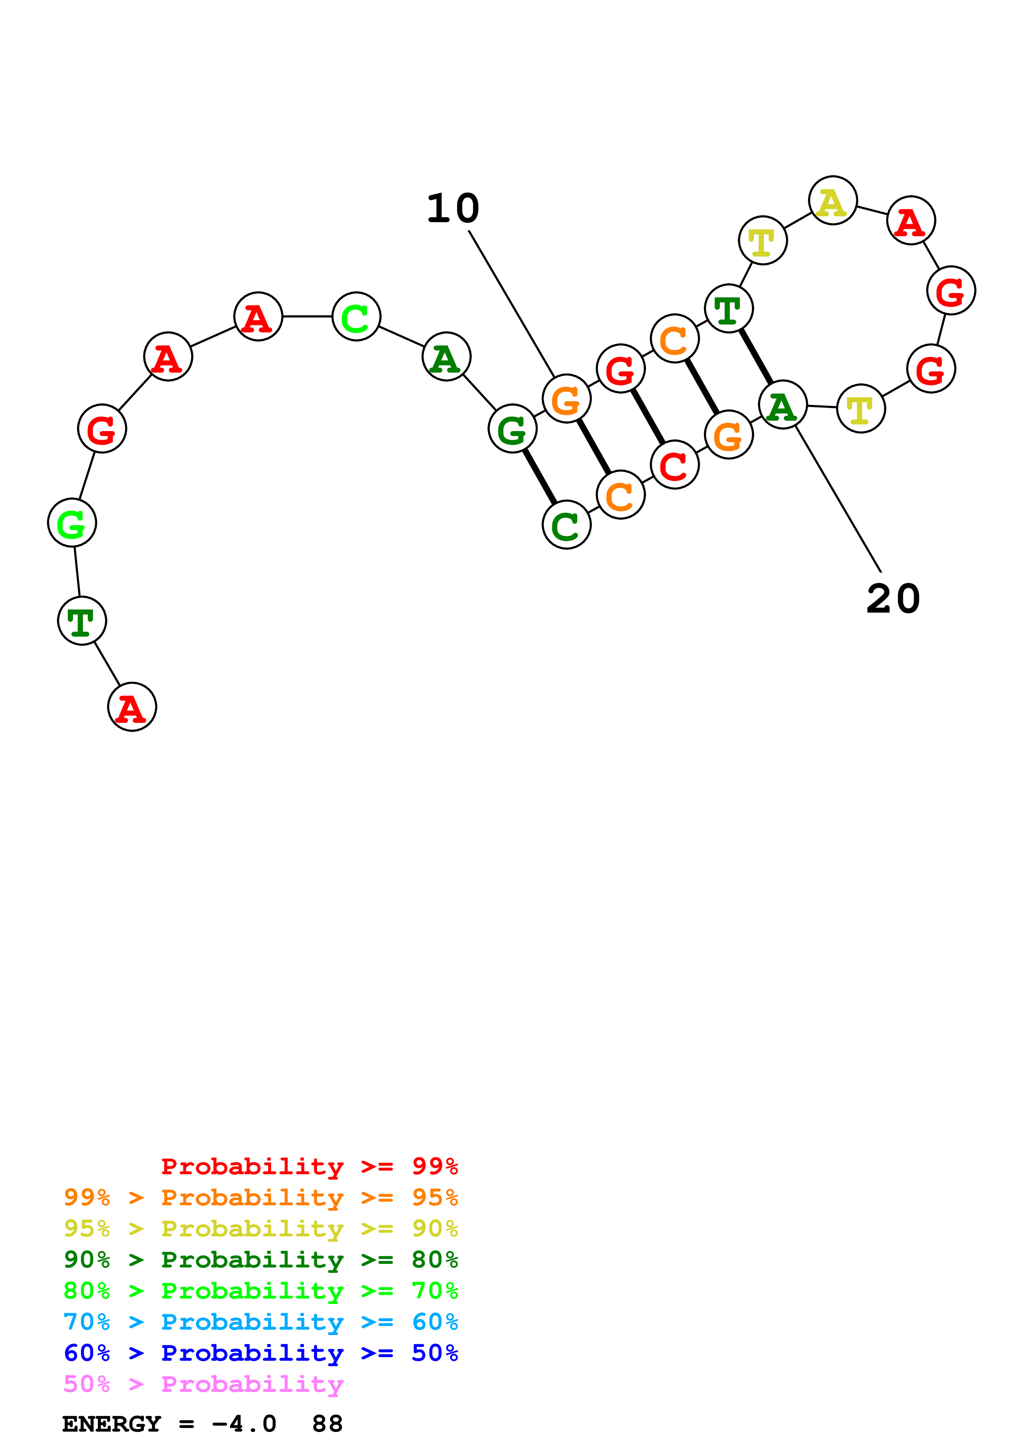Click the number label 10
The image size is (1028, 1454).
[453, 209]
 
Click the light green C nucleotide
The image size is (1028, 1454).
[356, 317]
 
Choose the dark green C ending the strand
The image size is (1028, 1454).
[566, 525]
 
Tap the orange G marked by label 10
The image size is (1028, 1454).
[566, 399]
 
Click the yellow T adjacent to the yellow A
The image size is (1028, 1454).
[763, 241]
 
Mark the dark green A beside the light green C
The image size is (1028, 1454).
[446, 357]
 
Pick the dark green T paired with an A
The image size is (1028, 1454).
[729, 309]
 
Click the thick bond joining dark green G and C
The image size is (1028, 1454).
[540, 477]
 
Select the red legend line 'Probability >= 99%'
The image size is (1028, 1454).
[309, 1166]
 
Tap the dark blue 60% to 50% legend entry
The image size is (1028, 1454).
[260, 1353]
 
